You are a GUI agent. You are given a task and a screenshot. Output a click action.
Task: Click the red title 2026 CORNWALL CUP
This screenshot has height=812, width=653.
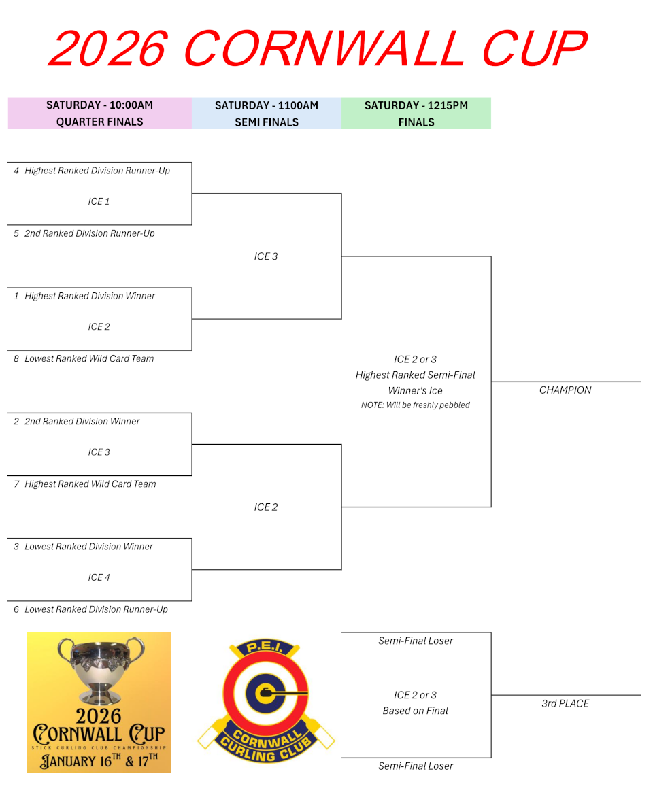coord(317,49)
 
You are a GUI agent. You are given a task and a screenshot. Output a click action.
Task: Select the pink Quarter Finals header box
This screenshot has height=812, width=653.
coord(99,114)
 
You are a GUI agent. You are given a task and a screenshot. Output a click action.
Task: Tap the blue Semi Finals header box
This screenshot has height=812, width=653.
coord(266,114)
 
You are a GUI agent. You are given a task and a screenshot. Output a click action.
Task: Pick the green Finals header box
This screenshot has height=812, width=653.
coord(416,114)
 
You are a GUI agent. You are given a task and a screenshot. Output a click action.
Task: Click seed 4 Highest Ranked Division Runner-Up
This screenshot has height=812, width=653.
coord(92,171)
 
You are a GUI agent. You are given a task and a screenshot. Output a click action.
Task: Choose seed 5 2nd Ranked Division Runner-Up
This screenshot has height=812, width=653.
coord(84,233)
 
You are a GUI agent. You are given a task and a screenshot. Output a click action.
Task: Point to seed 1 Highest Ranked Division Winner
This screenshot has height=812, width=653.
coord(84,296)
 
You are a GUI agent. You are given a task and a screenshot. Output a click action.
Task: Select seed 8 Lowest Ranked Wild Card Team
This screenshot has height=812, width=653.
coord(84,358)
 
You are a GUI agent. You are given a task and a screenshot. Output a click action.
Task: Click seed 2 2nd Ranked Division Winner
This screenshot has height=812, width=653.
coord(77,421)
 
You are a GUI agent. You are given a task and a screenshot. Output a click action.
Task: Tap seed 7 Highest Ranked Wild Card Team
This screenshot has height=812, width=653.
coord(85,484)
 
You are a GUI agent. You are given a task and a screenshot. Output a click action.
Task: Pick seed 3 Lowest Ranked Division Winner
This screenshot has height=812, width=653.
coord(84,546)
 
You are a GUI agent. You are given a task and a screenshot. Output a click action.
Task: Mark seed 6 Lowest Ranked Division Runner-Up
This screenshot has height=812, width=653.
coord(90,609)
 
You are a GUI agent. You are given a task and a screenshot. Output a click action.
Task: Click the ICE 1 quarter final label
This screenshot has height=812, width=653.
coord(99,201)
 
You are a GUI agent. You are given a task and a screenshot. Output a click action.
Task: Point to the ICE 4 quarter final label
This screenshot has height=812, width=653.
coord(99,577)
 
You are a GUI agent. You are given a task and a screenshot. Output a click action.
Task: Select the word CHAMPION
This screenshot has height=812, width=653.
coord(565,390)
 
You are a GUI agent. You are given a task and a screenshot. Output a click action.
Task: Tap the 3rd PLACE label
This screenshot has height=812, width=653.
coord(565,703)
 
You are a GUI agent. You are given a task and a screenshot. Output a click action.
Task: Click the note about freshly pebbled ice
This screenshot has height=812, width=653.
coord(415,405)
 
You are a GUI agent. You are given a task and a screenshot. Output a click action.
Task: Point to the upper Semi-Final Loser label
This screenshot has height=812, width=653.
coord(416,641)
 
